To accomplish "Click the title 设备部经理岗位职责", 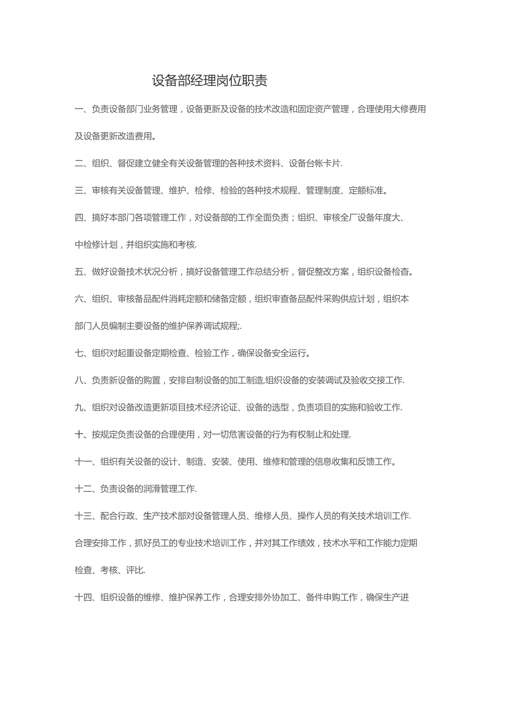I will click(210, 81).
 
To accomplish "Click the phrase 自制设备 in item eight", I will click(212, 380).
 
